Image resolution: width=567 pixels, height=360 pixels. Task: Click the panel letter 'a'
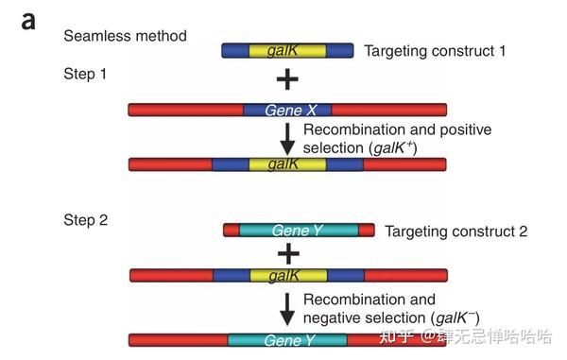[29, 20]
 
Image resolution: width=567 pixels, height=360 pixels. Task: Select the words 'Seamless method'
[125, 36]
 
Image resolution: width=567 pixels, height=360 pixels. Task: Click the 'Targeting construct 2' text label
[456, 231]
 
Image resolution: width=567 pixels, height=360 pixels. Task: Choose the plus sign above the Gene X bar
[287, 80]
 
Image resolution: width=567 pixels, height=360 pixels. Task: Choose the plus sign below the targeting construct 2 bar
[287, 253]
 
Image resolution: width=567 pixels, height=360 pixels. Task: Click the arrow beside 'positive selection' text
[287, 139]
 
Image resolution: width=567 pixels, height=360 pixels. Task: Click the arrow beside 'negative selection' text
[287, 310]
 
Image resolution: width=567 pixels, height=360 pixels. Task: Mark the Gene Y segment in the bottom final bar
[287, 339]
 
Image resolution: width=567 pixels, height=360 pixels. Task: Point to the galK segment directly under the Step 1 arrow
[287, 164]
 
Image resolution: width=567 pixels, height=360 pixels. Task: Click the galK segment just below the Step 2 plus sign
[287, 275]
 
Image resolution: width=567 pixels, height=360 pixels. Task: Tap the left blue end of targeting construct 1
[235, 50]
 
